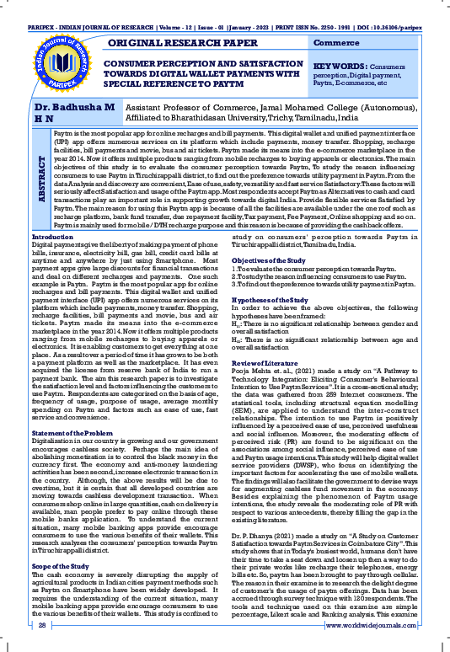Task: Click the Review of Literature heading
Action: [x=269, y=361]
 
